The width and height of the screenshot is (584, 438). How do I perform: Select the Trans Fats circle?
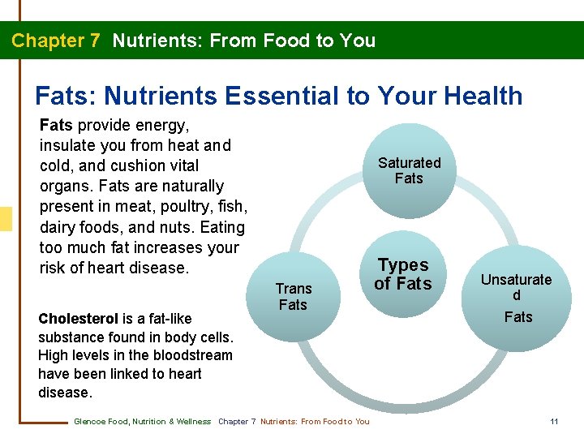(293, 297)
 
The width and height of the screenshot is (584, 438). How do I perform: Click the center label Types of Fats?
(403, 274)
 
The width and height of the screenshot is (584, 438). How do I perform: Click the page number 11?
(554, 421)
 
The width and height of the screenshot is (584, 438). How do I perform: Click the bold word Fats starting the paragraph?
(56, 126)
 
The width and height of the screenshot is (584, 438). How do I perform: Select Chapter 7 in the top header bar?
(56, 41)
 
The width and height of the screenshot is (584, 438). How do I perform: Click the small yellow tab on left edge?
(6, 219)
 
